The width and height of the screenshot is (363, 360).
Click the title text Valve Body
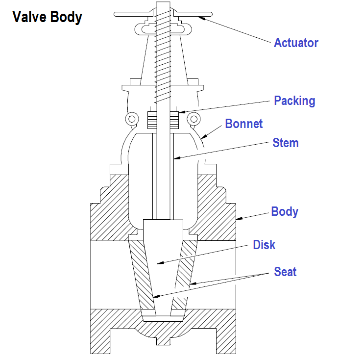(47, 17)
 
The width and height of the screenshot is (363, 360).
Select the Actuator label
(296, 43)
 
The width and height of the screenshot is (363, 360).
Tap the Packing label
(294, 101)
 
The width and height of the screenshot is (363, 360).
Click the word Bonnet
(244, 124)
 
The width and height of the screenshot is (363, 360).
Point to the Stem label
(286, 143)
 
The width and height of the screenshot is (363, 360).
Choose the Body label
(285, 211)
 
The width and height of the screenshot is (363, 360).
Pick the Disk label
(264, 244)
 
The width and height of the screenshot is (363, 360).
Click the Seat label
(285, 271)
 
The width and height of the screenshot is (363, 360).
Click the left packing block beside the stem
(151, 119)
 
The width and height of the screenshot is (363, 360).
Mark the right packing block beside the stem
(175, 119)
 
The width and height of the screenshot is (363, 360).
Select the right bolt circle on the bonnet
(194, 119)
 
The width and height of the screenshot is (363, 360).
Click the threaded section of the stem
(162, 54)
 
